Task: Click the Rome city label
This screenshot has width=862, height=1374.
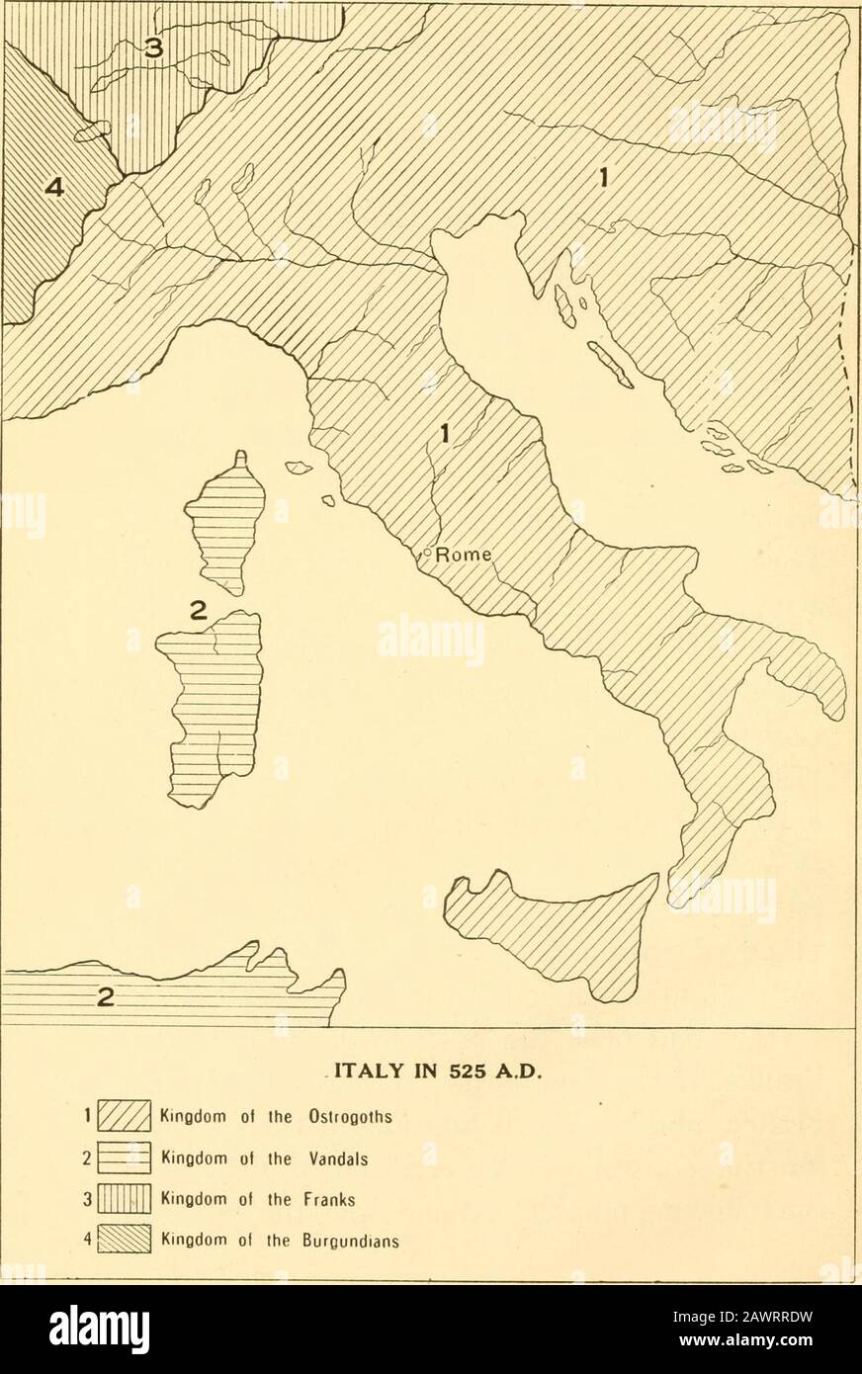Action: (x=464, y=555)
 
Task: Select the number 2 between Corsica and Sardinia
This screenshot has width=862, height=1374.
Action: (x=198, y=611)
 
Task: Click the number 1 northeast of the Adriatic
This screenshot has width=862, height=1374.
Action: (x=602, y=178)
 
